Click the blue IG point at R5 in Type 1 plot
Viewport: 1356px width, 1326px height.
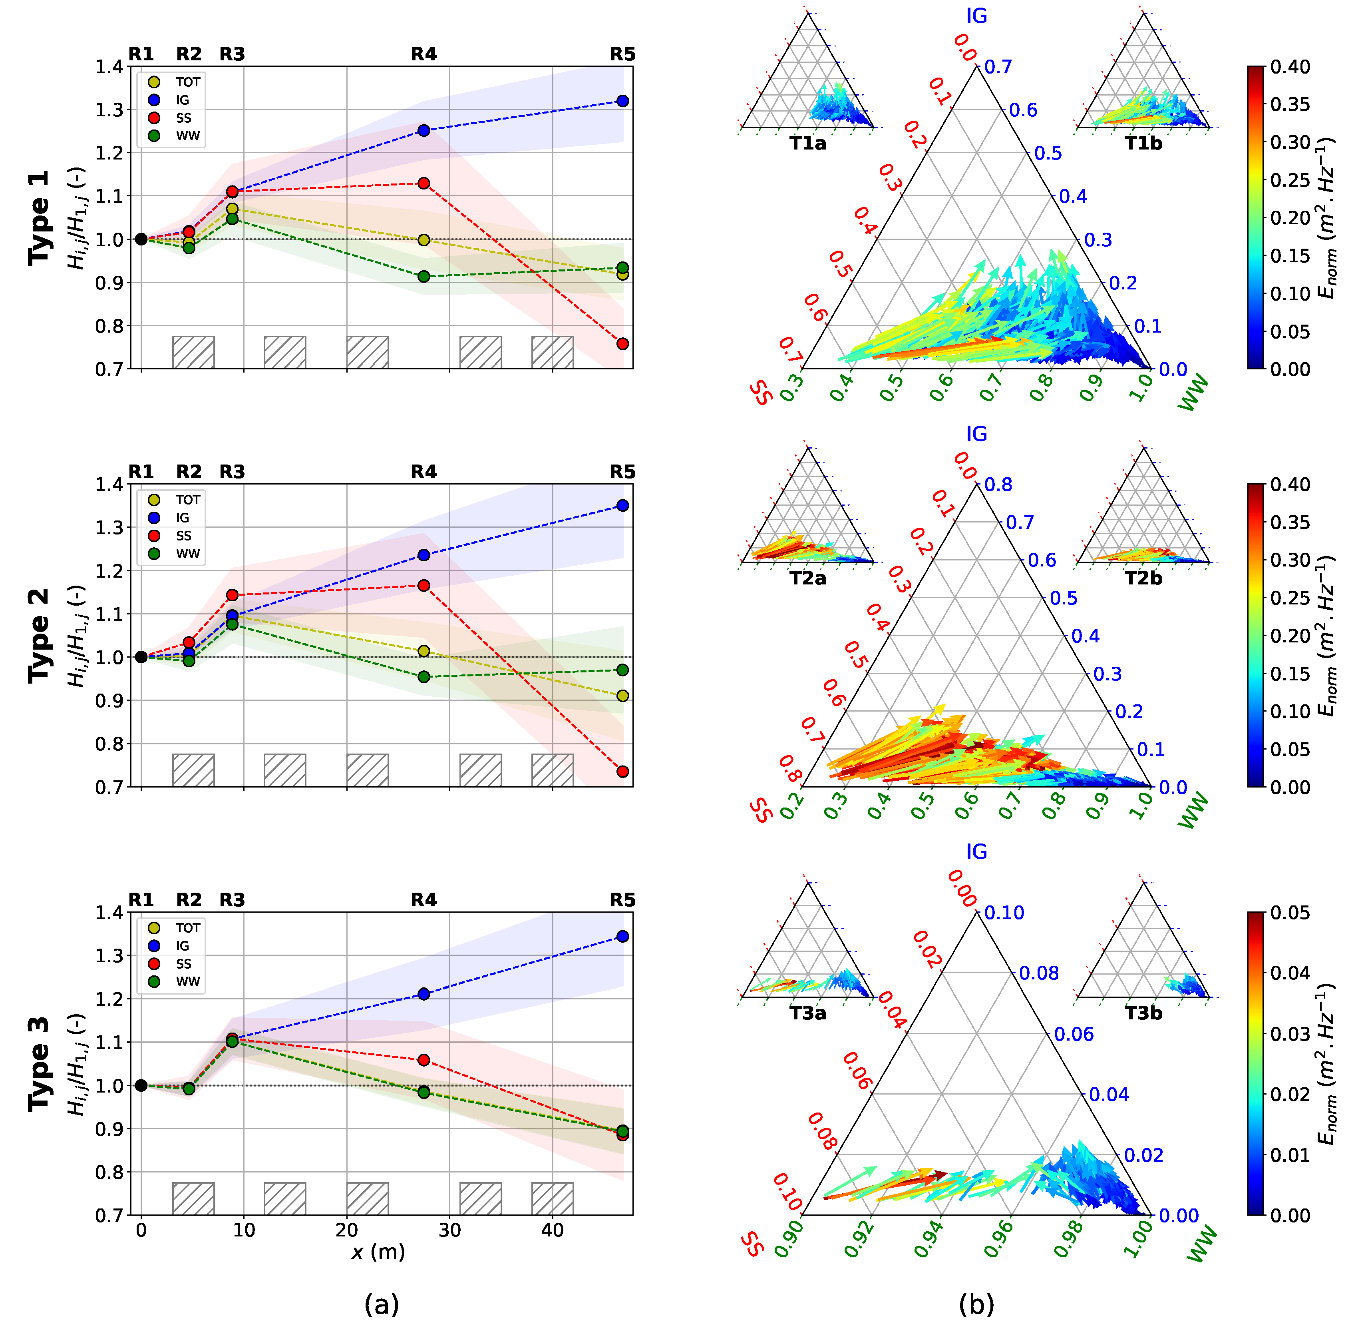(623, 101)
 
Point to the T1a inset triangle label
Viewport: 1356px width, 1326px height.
(807, 144)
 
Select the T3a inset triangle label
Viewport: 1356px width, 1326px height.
(807, 1013)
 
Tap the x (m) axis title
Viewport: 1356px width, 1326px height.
(378, 1252)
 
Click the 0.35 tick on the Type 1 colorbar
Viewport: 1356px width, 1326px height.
(1290, 104)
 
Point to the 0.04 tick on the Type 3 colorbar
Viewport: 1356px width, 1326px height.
(1290, 973)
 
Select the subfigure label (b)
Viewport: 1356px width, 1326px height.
(976, 1304)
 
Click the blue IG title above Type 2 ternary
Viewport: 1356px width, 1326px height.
(976, 434)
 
